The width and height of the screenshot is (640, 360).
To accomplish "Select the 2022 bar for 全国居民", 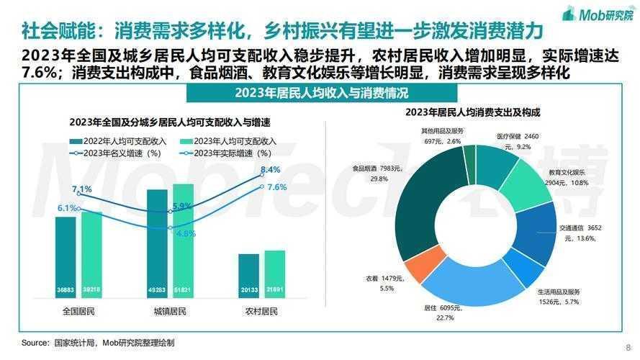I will [66, 259].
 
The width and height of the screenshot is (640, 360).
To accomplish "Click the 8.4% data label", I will [270, 170].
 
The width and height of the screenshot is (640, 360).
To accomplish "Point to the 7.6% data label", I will [277, 187].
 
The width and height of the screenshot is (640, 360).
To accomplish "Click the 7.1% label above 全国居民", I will [82, 189].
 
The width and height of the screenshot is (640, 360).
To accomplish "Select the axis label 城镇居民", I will [170, 312].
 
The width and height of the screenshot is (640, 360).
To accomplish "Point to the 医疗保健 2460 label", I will [517, 136].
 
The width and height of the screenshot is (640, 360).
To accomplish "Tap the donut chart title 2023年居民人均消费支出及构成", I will [472, 112].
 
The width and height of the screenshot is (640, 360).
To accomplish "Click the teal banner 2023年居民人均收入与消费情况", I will [321, 94].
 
